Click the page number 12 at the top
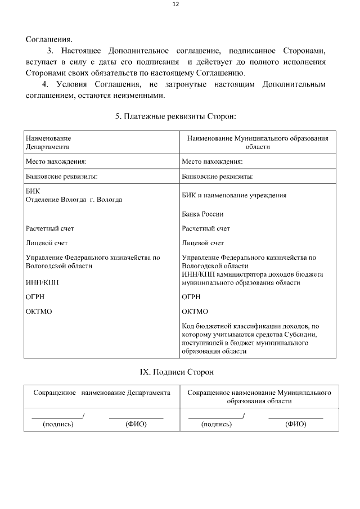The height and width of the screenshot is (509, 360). click(x=175, y=4)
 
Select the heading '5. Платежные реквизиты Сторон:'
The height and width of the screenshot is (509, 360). click(x=175, y=116)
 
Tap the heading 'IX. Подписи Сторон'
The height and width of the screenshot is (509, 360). click(x=177, y=372)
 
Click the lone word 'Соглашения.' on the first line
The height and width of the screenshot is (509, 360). click(x=49, y=39)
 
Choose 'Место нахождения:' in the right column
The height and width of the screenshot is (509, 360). click(x=213, y=162)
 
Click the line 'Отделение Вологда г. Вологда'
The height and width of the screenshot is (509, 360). click(x=74, y=200)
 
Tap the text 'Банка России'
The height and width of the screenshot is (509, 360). click(x=203, y=214)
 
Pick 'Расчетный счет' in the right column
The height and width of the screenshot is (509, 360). click(x=206, y=229)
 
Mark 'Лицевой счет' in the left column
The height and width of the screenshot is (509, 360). click(x=46, y=244)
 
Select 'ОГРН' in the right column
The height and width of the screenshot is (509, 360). click(x=191, y=297)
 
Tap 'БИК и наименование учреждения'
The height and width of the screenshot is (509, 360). click(x=235, y=196)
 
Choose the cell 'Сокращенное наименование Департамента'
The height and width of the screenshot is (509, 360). click(x=102, y=393)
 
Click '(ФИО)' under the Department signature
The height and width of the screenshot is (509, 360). click(x=136, y=424)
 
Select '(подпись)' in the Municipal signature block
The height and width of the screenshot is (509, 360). click(x=217, y=424)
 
